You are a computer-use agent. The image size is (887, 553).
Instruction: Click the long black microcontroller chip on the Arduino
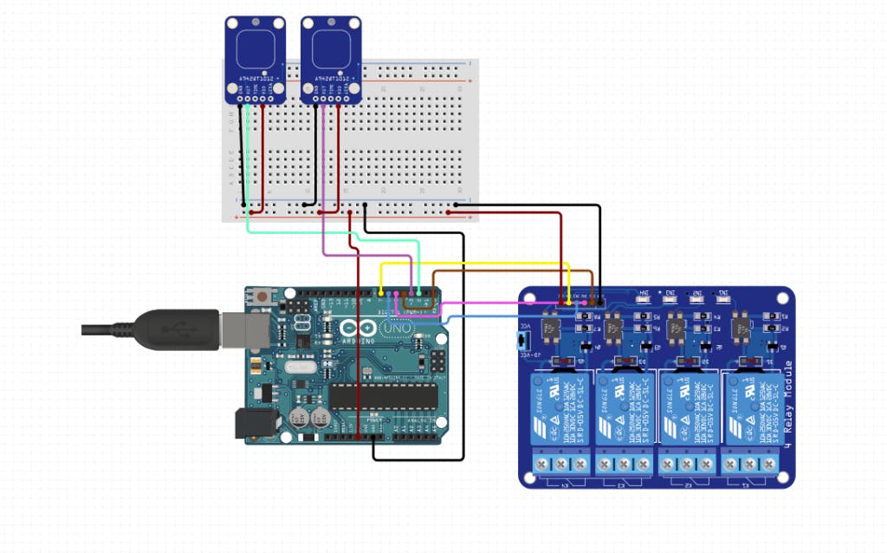pyautogui.click(x=383, y=395)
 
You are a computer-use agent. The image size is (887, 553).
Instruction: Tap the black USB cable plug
pyautogui.click(x=173, y=329)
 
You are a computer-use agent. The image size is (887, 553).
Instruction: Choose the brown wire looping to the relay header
pyautogui.click(x=511, y=272)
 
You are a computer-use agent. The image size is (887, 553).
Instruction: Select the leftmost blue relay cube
pyautogui.click(x=560, y=407)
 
